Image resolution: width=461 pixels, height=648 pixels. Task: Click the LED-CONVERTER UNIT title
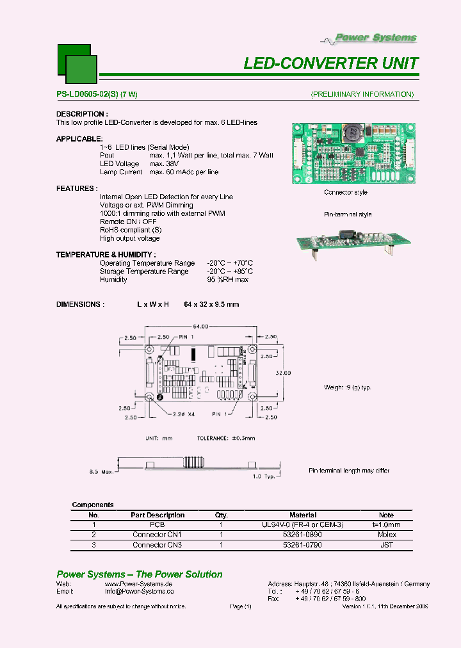click(331, 63)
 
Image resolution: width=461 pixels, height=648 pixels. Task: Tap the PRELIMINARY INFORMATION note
click(362, 95)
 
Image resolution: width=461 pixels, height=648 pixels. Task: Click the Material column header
click(303, 515)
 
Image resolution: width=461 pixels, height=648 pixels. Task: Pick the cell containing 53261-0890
click(303, 535)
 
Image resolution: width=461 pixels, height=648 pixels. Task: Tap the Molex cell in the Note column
click(387, 535)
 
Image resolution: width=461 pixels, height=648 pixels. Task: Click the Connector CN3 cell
click(157, 545)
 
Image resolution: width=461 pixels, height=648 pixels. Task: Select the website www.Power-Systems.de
click(138, 584)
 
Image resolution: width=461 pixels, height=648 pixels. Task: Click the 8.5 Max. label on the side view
click(101, 472)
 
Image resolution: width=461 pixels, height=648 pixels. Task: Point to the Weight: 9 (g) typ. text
click(348, 387)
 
